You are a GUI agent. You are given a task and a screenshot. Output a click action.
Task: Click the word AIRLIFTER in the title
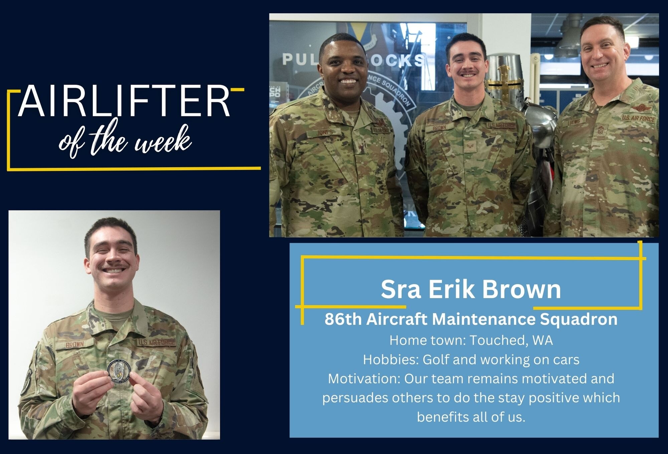click(x=124, y=101)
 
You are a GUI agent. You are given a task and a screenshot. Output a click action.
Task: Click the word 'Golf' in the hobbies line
click(x=436, y=360)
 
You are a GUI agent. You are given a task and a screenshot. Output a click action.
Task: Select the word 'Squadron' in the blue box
click(x=579, y=319)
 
